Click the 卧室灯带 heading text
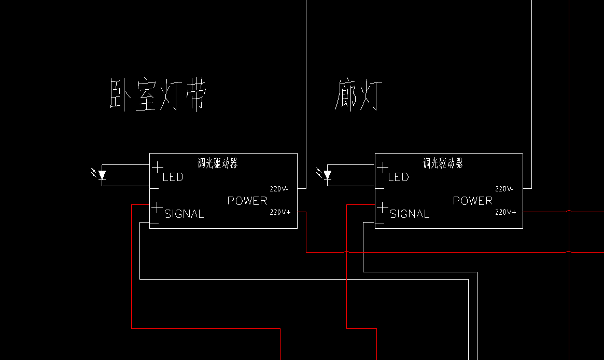coord(158,95)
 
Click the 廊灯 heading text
coord(358,95)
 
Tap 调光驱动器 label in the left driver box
coord(218,163)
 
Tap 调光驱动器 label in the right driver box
coord(443,163)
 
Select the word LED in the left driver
coord(173,177)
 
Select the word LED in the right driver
coord(398,177)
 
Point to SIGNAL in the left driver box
coord(184,214)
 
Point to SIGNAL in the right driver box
coord(410,214)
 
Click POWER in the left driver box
coord(247,201)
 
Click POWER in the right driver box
coord(473,201)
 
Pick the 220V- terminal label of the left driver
coord(279,189)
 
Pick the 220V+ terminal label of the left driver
coord(280,212)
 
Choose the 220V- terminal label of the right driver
coord(504,189)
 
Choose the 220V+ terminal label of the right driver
coord(505,212)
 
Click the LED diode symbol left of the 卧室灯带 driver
coord(100,174)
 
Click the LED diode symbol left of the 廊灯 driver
coord(325,174)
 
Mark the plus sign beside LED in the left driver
coord(157,168)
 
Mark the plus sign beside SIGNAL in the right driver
coord(382,207)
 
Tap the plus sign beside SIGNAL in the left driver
coord(157,207)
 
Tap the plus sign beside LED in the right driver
coord(383,168)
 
